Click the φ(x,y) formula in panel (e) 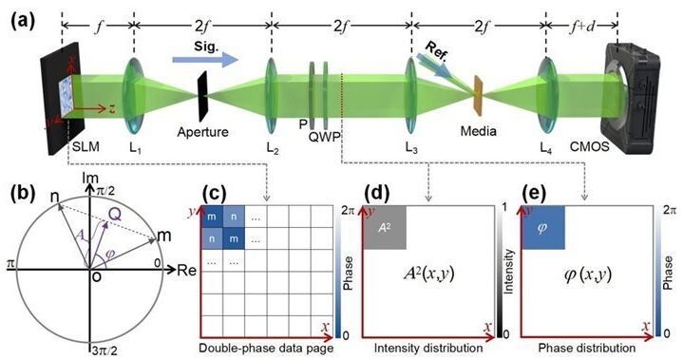pyautogui.click(x=583, y=276)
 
